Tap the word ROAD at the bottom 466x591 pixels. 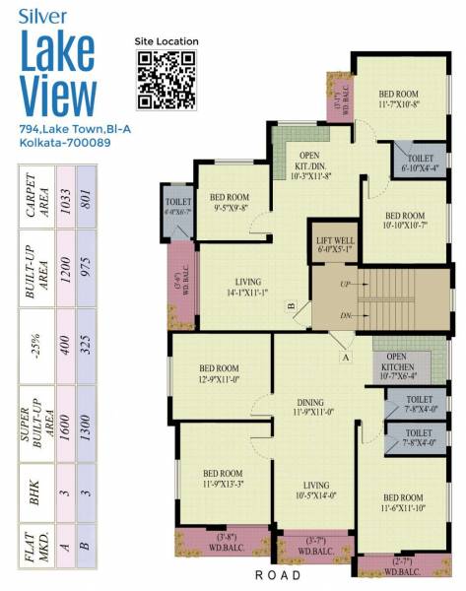(x=287, y=575)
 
